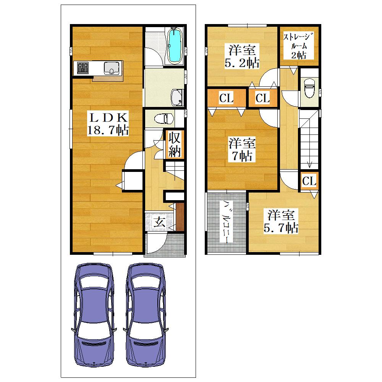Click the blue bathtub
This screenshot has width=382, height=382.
click(x=175, y=46)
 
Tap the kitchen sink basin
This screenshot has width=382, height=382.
click(x=112, y=68)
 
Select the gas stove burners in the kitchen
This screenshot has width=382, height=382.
click(x=83, y=68)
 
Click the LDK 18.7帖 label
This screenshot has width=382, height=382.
click(x=108, y=124)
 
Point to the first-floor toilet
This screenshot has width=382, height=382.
click(x=164, y=119)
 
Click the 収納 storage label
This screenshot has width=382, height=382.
click(x=175, y=144)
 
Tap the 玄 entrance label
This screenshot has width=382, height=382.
click(x=159, y=222)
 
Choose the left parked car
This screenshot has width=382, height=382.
click(x=94, y=315)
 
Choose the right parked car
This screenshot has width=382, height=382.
click(x=146, y=315)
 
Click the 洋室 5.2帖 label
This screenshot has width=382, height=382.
click(x=242, y=57)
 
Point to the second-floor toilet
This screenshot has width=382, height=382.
click(x=309, y=88)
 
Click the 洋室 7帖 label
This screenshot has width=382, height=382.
click(x=242, y=150)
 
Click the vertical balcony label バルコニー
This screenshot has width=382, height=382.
click(x=226, y=222)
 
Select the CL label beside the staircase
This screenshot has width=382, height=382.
click(x=309, y=181)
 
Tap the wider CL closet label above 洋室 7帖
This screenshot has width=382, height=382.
click(x=226, y=98)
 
